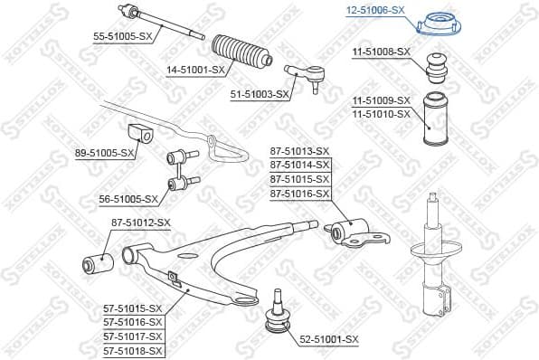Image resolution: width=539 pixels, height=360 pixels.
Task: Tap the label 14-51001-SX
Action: (x=196, y=69)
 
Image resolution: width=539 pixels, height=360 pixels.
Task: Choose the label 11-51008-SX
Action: (x=381, y=52)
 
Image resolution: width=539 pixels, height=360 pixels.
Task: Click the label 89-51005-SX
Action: (x=105, y=154)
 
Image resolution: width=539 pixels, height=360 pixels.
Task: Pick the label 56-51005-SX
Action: (x=128, y=198)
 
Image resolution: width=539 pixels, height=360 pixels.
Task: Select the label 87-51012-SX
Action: (x=140, y=222)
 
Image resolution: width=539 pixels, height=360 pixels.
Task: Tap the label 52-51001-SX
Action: (x=329, y=339)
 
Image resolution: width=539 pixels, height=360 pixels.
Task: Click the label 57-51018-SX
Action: (x=133, y=350)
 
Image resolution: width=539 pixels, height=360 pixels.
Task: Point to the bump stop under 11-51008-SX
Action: (x=432, y=69)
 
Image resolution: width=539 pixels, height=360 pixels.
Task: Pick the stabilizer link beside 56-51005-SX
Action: (x=178, y=173)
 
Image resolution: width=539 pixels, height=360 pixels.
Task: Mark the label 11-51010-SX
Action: (x=381, y=114)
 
